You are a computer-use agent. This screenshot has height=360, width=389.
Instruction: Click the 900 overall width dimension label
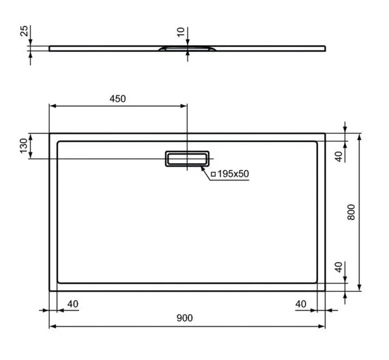point(184,318)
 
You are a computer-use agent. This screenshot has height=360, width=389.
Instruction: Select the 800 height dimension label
point(351,212)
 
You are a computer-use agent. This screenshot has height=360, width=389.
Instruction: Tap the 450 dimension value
point(117,98)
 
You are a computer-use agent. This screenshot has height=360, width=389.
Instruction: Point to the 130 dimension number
point(24,146)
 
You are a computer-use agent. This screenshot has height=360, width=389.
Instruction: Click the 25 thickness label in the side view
point(25,33)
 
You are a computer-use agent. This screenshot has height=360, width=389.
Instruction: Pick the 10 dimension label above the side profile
point(179,33)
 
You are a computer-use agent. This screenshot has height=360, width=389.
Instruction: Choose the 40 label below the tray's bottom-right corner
point(300,303)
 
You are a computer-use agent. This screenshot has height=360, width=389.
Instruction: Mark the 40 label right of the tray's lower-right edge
point(338,267)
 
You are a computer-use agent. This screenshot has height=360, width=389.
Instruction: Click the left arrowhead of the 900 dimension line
point(53,327)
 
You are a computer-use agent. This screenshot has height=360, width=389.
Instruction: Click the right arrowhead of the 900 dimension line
point(321,327)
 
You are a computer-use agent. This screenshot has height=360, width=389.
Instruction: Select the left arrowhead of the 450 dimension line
point(53,106)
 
